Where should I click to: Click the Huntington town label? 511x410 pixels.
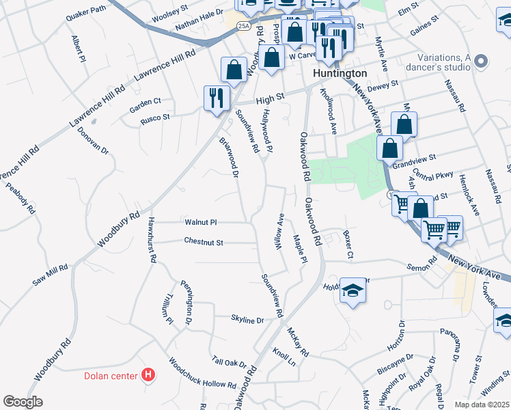pyautogui.click(x=340, y=73)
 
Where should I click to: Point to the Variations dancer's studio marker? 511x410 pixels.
pyautogui.click(x=481, y=62)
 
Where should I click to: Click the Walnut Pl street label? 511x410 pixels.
pyautogui.click(x=201, y=222)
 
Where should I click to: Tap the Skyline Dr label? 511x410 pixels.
pyautogui.click(x=247, y=320)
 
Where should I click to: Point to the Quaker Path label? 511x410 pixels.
pyautogui.click(x=89, y=10)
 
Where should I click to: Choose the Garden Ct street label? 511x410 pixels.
pyautogui.click(x=146, y=106)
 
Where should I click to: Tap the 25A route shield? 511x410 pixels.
pyautogui.click(x=244, y=25)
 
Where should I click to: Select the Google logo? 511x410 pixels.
pyautogui.click(x=23, y=402)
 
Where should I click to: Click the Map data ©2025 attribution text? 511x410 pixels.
pyautogui.click(x=482, y=405)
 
